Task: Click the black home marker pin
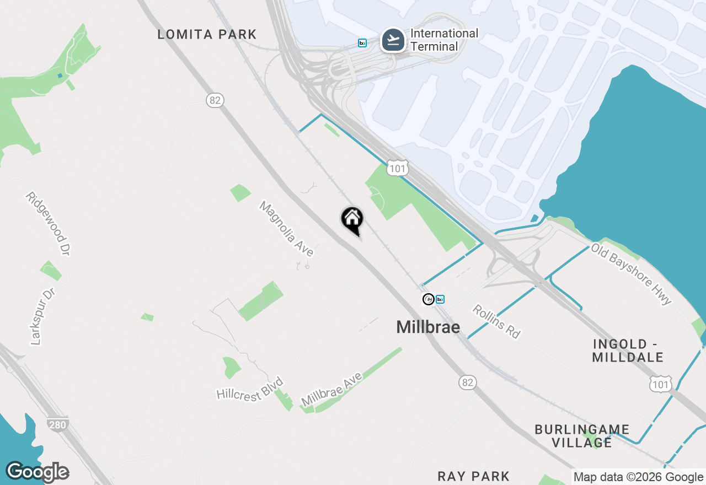pyautogui.click(x=352, y=219)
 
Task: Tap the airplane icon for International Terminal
pyautogui.click(x=393, y=40)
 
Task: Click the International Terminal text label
pyautogui.click(x=444, y=40)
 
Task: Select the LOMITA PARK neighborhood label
pyautogui.click(x=207, y=34)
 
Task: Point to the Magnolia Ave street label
pyautogui.click(x=286, y=229)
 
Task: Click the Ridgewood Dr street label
pyautogui.click(x=49, y=224)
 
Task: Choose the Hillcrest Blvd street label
pyautogui.click(x=250, y=389)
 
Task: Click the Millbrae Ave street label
pyautogui.click(x=332, y=389)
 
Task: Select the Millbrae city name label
pyautogui.click(x=428, y=327)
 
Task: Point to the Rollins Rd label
pyautogui.click(x=496, y=321)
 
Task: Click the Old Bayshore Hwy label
pyautogui.click(x=632, y=274)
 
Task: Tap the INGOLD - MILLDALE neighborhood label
pyautogui.click(x=628, y=351)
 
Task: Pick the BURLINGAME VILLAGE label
pyautogui.click(x=582, y=435)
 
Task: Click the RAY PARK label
pyautogui.click(x=474, y=476)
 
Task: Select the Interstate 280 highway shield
pyautogui.click(x=57, y=424)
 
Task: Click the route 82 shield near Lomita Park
pyautogui.click(x=215, y=100)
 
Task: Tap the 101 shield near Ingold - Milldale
pyautogui.click(x=660, y=385)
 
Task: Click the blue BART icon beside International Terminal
pyautogui.click(x=362, y=43)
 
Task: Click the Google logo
pyautogui.click(x=38, y=472)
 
